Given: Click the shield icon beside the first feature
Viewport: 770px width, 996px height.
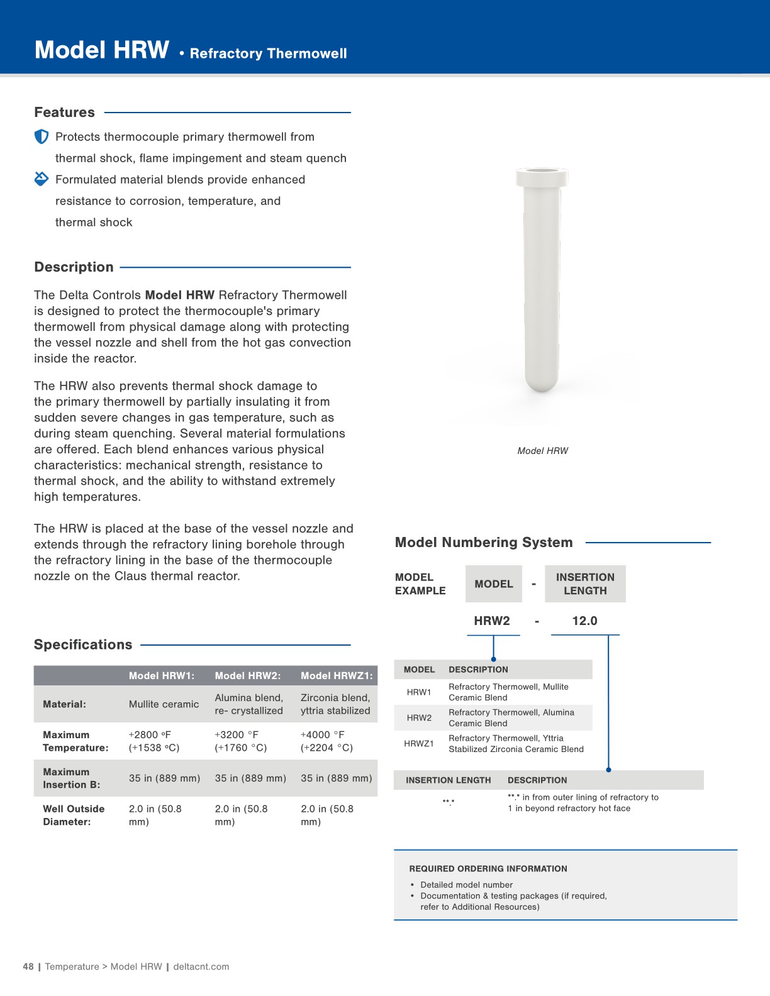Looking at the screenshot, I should (42, 136).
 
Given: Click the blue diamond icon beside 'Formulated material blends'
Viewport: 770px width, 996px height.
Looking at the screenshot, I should (42, 179).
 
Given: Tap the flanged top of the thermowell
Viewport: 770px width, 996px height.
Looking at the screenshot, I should (542, 177).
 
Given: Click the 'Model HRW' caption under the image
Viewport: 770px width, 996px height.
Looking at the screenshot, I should (542, 451).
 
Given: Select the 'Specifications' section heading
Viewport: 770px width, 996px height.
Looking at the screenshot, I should (83, 645).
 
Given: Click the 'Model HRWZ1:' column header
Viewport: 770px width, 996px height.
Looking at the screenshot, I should (337, 676).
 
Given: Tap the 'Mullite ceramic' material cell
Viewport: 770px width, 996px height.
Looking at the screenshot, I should (164, 704).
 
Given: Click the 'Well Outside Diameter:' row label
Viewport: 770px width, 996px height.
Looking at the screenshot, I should (74, 815).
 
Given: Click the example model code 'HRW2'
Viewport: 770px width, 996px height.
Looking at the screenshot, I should (492, 621).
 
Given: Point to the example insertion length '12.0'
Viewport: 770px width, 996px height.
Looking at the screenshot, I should (584, 621).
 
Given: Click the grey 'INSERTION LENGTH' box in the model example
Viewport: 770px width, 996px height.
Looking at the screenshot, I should (585, 584).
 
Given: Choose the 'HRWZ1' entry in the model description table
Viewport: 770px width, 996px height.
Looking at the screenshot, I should (419, 743).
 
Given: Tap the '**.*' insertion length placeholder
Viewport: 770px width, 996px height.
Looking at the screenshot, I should (449, 802).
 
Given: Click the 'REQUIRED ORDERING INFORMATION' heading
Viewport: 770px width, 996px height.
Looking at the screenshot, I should (488, 868).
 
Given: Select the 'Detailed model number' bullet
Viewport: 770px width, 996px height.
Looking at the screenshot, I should (466, 885).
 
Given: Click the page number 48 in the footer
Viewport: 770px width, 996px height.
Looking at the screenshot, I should (28, 966).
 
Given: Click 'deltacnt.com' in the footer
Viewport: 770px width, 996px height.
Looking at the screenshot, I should (201, 966).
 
